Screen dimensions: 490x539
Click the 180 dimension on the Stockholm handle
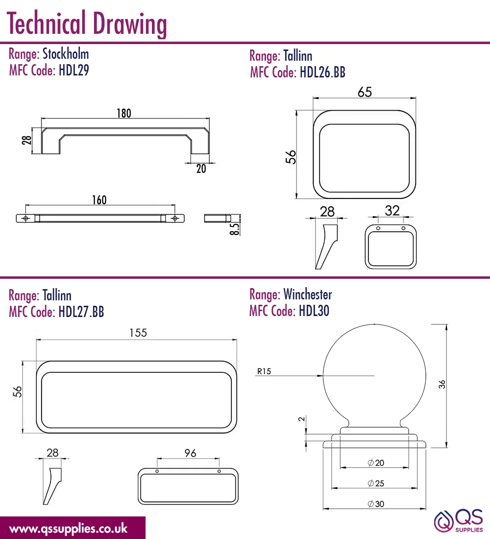point(124,113)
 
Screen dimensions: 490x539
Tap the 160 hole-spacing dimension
point(99,200)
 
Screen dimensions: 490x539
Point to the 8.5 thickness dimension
point(235,229)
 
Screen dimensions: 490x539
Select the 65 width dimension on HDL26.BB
point(365,92)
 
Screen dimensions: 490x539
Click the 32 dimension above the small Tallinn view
point(392,210)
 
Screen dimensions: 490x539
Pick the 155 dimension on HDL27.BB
point(138,333)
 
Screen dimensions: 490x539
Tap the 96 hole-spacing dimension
point(190,453)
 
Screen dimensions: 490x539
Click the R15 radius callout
point(264,371)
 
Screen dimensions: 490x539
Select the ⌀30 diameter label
point(376,504)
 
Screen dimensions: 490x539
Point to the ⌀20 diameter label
point(376,463)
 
